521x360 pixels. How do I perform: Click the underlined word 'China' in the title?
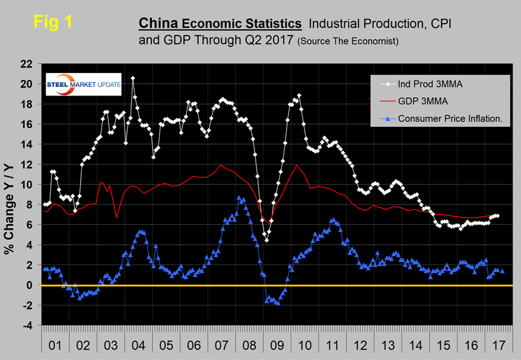click(157, 23)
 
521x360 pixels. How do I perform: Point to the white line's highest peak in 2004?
click(132, 78)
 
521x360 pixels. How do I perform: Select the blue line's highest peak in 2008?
click(239, 197)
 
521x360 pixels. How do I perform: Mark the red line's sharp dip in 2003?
click(117, 218)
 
